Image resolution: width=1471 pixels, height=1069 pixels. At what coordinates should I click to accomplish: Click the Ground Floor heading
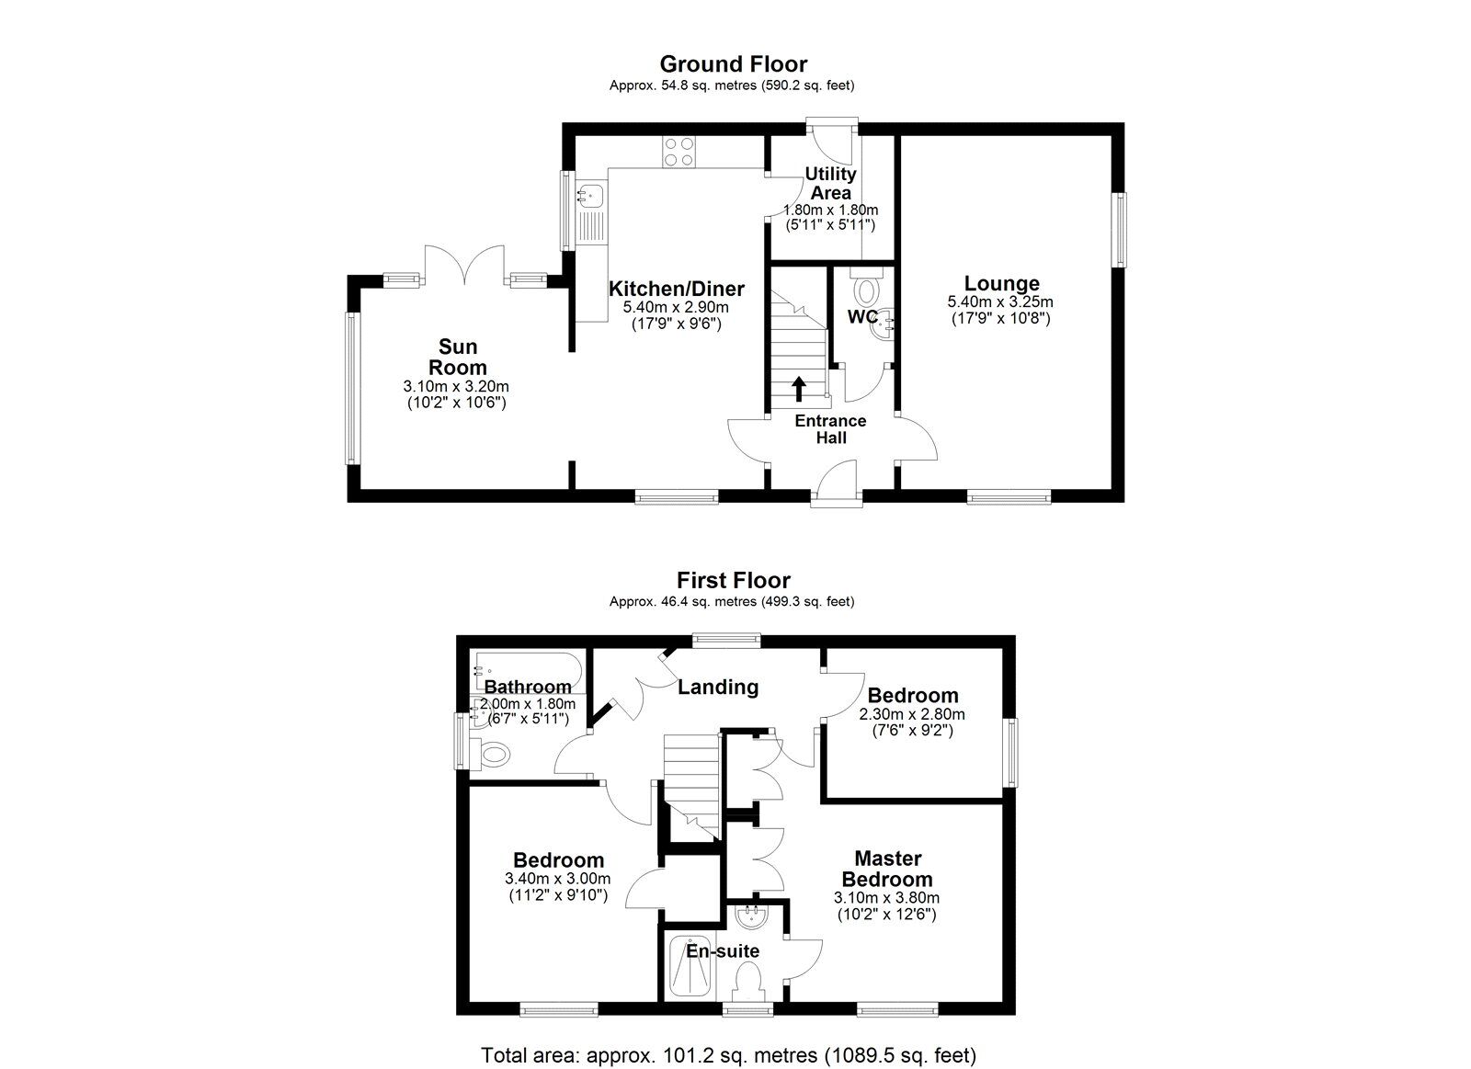(733, 64)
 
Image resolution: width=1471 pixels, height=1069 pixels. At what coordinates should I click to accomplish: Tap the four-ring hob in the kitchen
(678, 152)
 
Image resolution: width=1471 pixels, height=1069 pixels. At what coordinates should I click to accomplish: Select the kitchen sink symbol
(590, 194)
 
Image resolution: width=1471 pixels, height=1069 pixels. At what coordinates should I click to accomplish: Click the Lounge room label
(1001, 284)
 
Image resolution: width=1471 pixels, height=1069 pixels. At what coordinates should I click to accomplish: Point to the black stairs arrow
(798, 389)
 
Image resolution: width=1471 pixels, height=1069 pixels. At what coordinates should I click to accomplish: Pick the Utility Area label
(830, 183)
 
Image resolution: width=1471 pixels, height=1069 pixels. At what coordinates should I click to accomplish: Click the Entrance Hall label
(830, 429)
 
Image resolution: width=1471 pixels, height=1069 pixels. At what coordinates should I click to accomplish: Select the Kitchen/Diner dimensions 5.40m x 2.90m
(676, 307)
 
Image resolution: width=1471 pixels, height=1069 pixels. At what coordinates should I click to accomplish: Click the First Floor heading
(733, 581)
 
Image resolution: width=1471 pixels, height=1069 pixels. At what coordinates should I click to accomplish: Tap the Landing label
(717, 687)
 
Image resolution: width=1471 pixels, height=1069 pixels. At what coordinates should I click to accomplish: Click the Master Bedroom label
(887, 869)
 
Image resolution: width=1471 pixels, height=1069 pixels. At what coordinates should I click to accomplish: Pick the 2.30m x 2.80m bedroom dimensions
(912, 714)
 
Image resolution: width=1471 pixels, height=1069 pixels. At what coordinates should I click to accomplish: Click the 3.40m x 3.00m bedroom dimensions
(558, 878)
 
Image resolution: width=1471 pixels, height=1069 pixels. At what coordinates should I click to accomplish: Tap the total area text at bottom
(728, 1055)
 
